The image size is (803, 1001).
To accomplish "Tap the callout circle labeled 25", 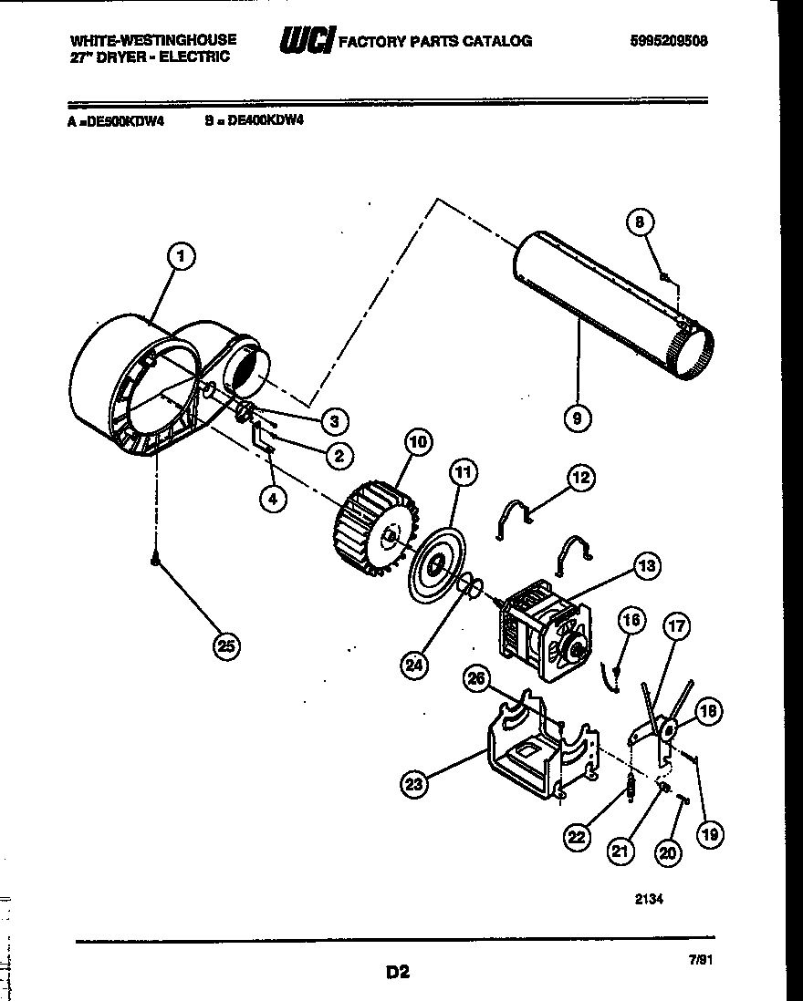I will click(225, 646).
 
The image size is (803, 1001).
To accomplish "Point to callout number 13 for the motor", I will click(646, 566).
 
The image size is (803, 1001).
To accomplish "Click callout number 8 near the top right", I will click(640, 222).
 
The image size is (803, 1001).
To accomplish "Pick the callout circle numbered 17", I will click(676, 626).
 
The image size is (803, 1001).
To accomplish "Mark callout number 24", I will click(414, 665).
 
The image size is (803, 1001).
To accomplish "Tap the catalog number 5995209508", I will click(668, 41).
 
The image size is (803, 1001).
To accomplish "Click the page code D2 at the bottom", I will click(397, 973).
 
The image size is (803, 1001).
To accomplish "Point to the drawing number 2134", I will click(648, 898).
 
